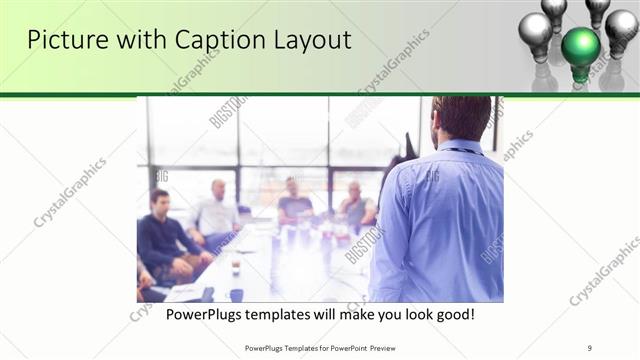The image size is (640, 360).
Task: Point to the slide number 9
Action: tap(590, 347)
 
